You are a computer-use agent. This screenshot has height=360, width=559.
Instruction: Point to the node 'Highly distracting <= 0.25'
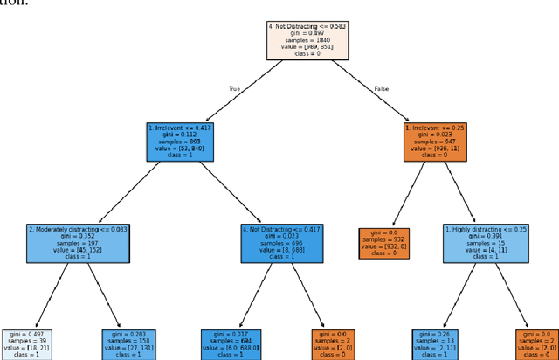(x=485, y=244)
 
